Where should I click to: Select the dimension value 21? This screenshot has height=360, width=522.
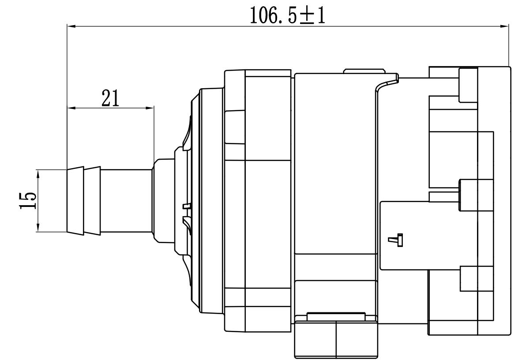(110, 99)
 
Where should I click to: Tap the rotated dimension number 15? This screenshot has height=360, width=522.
(27, 201)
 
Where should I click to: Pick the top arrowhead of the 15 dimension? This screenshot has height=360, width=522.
(38, 173)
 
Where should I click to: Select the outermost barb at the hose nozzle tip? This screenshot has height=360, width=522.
(75, 200)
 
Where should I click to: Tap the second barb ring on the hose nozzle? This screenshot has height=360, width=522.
(92, 200)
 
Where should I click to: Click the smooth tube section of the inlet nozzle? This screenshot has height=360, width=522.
(126, 200)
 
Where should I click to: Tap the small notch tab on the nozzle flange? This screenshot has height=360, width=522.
(187, 206)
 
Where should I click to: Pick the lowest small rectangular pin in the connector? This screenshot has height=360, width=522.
(469, 279)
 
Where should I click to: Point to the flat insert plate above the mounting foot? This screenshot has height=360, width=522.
(335, 315)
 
